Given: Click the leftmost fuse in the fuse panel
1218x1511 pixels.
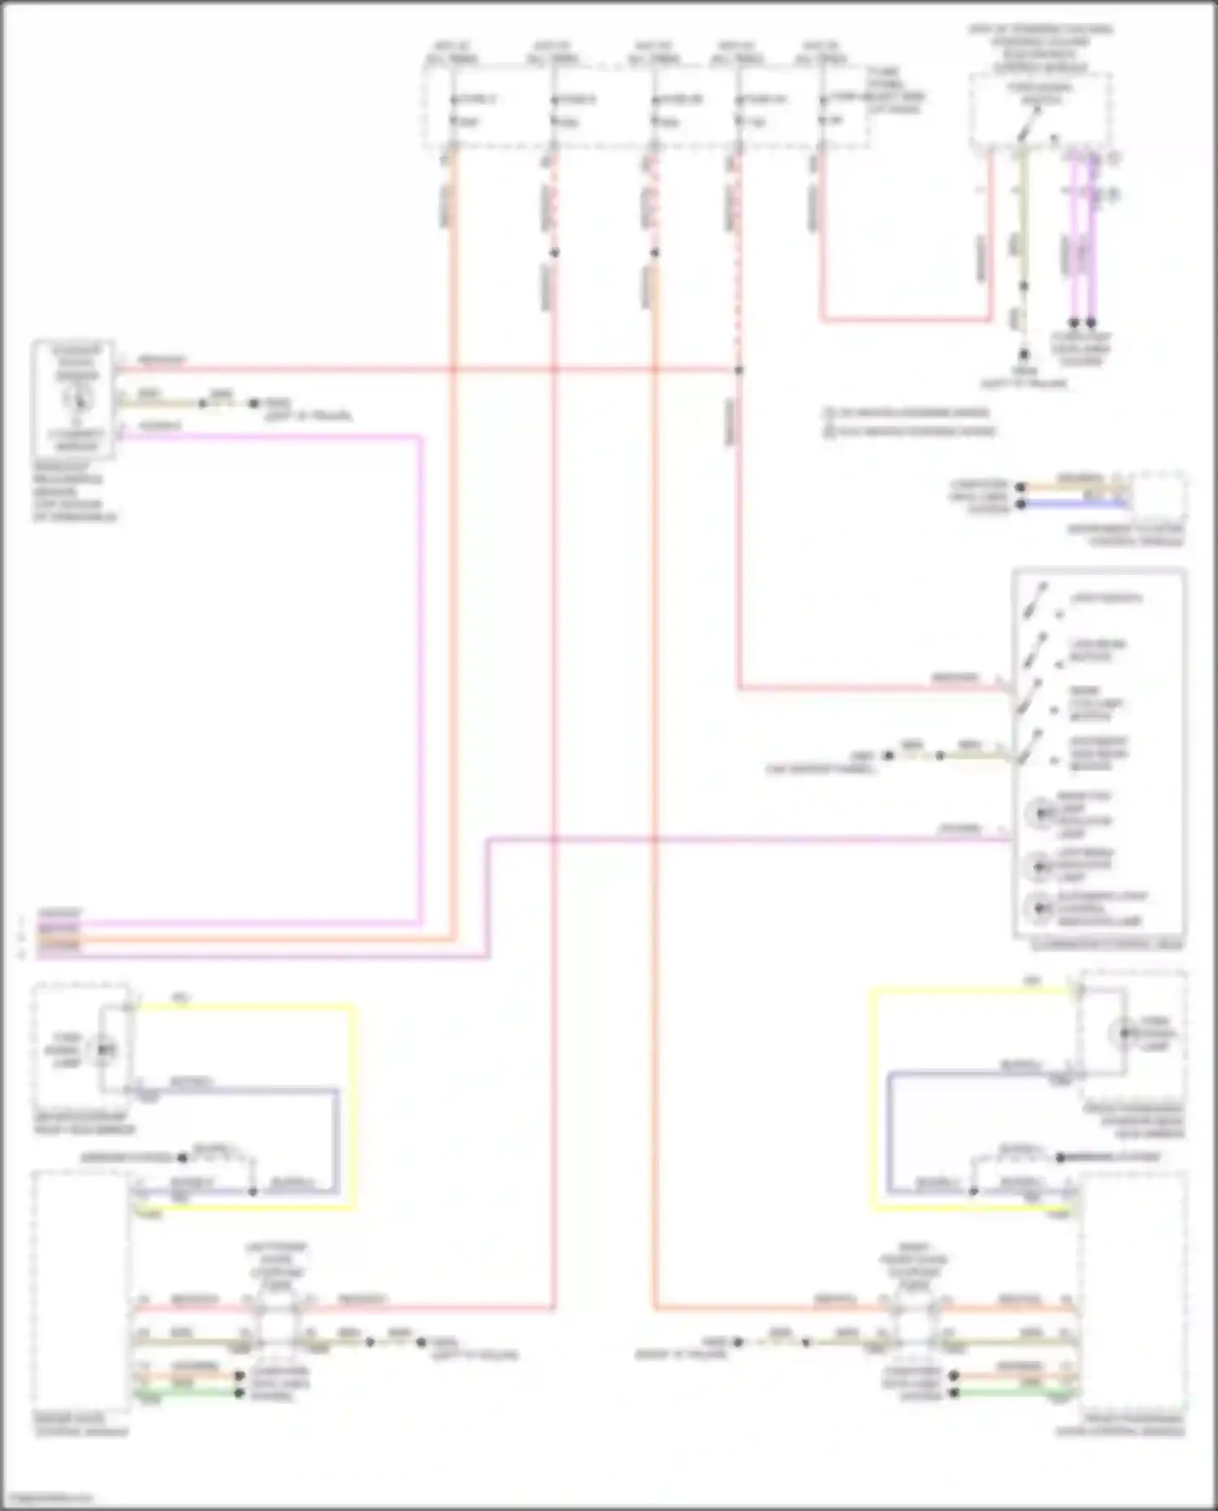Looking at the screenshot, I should pos(453,110).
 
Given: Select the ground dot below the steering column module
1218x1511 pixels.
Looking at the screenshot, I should pos(1024,355).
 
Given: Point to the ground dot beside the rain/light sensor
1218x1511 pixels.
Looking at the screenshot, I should pos(253,403).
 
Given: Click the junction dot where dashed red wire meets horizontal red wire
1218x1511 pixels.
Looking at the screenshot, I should pos(738,370).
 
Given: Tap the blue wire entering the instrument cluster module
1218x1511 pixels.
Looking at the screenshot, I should pos(1072,504).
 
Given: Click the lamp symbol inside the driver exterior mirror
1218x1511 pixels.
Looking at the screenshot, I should pos(104,1049).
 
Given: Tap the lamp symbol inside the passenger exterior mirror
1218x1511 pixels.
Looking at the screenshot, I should pos(1123,1033).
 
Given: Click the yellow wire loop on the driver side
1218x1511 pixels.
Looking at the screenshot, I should pos(353,1104).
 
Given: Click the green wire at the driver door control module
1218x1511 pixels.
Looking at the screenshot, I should pos(187,1393).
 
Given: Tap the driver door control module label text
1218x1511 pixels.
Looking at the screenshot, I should pos(81,1425).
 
